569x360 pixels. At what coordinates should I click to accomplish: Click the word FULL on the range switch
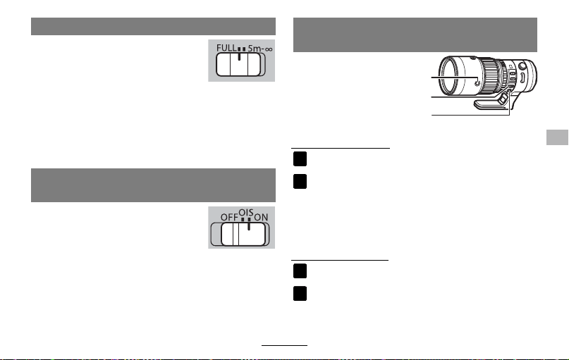[226, 48]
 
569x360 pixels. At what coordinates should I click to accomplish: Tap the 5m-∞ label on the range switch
[260, 48]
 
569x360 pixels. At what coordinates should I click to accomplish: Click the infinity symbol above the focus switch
[269, 49]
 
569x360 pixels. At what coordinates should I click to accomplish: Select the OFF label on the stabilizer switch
[229, 217]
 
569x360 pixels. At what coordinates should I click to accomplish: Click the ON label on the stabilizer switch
[261, 217]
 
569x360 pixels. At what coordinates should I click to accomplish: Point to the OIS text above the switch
[245, 213]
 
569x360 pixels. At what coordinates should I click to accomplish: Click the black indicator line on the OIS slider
[249, 226]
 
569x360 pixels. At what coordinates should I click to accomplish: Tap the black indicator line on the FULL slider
[239, 56]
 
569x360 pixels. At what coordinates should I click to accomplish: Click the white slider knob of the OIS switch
[243, 234]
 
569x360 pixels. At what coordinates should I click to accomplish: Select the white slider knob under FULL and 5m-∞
[238, 65]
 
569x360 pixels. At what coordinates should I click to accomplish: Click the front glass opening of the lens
[450, 77]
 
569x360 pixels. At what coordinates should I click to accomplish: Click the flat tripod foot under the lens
[491, 104]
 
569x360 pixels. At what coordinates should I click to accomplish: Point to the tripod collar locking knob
[502, 98]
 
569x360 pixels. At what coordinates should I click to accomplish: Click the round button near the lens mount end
[522, 66]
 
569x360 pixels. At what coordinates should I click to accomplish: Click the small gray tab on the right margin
[558, 137]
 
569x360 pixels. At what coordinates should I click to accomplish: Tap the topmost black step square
[300, 159]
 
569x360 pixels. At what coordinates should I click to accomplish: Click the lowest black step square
[300, 294]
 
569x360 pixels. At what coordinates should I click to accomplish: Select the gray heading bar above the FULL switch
[153, 27]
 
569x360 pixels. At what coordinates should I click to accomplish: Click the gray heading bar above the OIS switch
[153, 185]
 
